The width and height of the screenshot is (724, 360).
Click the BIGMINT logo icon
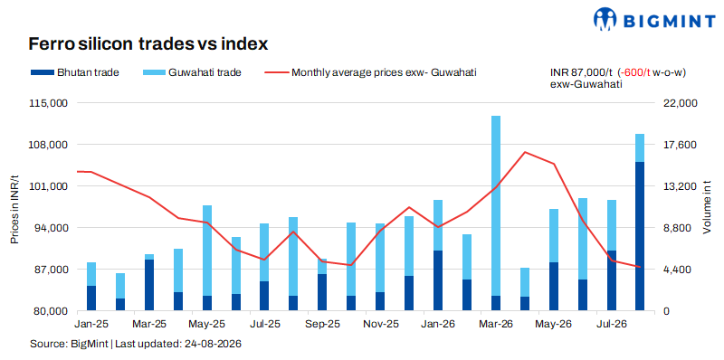point(605,18)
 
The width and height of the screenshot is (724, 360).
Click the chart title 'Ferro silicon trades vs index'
point(148,43)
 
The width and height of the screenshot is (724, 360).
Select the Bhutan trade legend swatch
point(42,72)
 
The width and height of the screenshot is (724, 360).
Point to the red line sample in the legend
point(276,72)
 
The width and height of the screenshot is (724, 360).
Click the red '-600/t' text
point(637,72)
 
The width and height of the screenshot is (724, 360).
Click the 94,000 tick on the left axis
point(48,228)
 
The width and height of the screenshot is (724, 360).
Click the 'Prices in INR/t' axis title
point(15,210)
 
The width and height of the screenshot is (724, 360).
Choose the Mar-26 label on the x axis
point(496,324)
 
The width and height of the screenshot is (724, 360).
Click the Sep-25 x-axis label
point(322,324)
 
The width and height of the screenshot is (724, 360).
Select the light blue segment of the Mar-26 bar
point(496,206)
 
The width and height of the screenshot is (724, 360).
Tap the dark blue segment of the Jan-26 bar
point(438,280)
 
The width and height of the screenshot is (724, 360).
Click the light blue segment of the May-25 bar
point(207,251)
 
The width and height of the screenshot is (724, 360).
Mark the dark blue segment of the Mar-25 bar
point(149,285)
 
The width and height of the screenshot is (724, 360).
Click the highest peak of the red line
point(525,152)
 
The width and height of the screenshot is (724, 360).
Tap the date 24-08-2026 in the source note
point(213,344)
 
